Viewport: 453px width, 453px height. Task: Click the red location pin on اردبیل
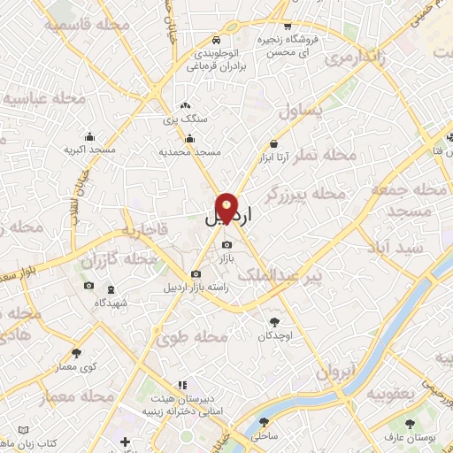click(227, 207)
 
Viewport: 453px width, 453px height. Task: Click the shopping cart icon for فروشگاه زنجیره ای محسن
click(288, 27)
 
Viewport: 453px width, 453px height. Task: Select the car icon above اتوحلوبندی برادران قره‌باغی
click(217, 41)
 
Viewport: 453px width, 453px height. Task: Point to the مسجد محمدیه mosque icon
click(189, 138)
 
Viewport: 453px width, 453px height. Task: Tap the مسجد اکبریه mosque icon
click(89, 137)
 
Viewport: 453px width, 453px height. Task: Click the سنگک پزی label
click(188, 118)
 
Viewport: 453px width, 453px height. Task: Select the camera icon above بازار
click(227, 245)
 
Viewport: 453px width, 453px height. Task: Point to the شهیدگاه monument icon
click(111, 289)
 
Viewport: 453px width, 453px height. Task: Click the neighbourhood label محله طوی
click(191, 338)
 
